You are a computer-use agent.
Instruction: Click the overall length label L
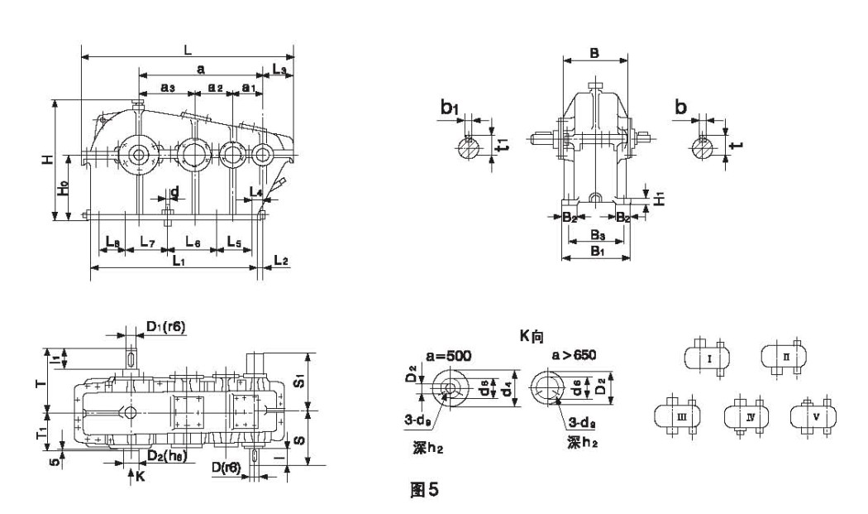tap(188, 50)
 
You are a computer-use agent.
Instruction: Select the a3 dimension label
tap(167, 87)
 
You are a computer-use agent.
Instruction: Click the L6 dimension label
tap(193, 242)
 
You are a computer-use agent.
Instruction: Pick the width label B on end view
tap(594, 52)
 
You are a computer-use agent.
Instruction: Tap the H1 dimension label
tap(659, 198)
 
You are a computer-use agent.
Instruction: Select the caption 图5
tap(424, 490)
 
